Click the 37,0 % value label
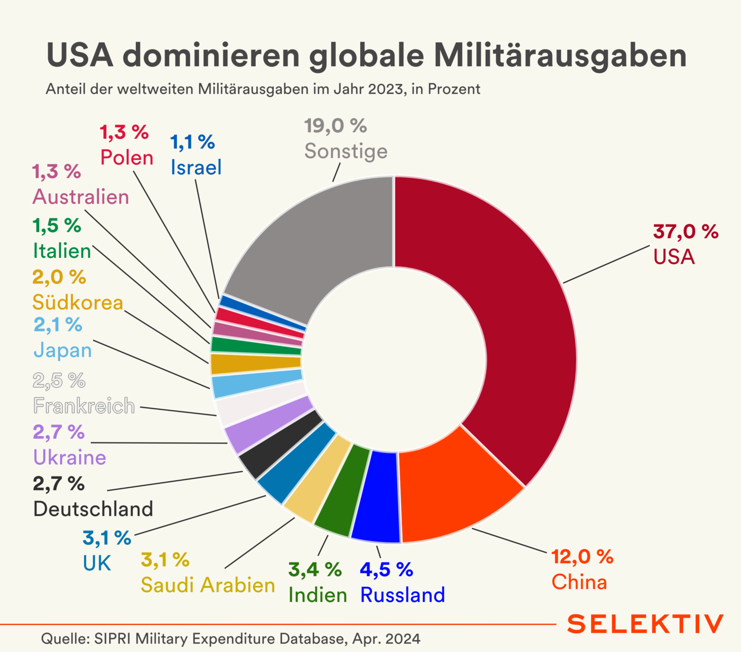[x=686, y=232]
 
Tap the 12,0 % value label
[x=582, y=557]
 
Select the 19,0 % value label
[x=335, y=126]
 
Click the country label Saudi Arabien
[x=208, y=585]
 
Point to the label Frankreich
[x=84, y=406]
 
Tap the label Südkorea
[x=78, y=302]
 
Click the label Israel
[x=196, y=167]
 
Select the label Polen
[x=127, y=158]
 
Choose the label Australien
[x=81, y=197]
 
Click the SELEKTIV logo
[x=645, y=624]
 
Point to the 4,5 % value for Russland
[x=386, y=570]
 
